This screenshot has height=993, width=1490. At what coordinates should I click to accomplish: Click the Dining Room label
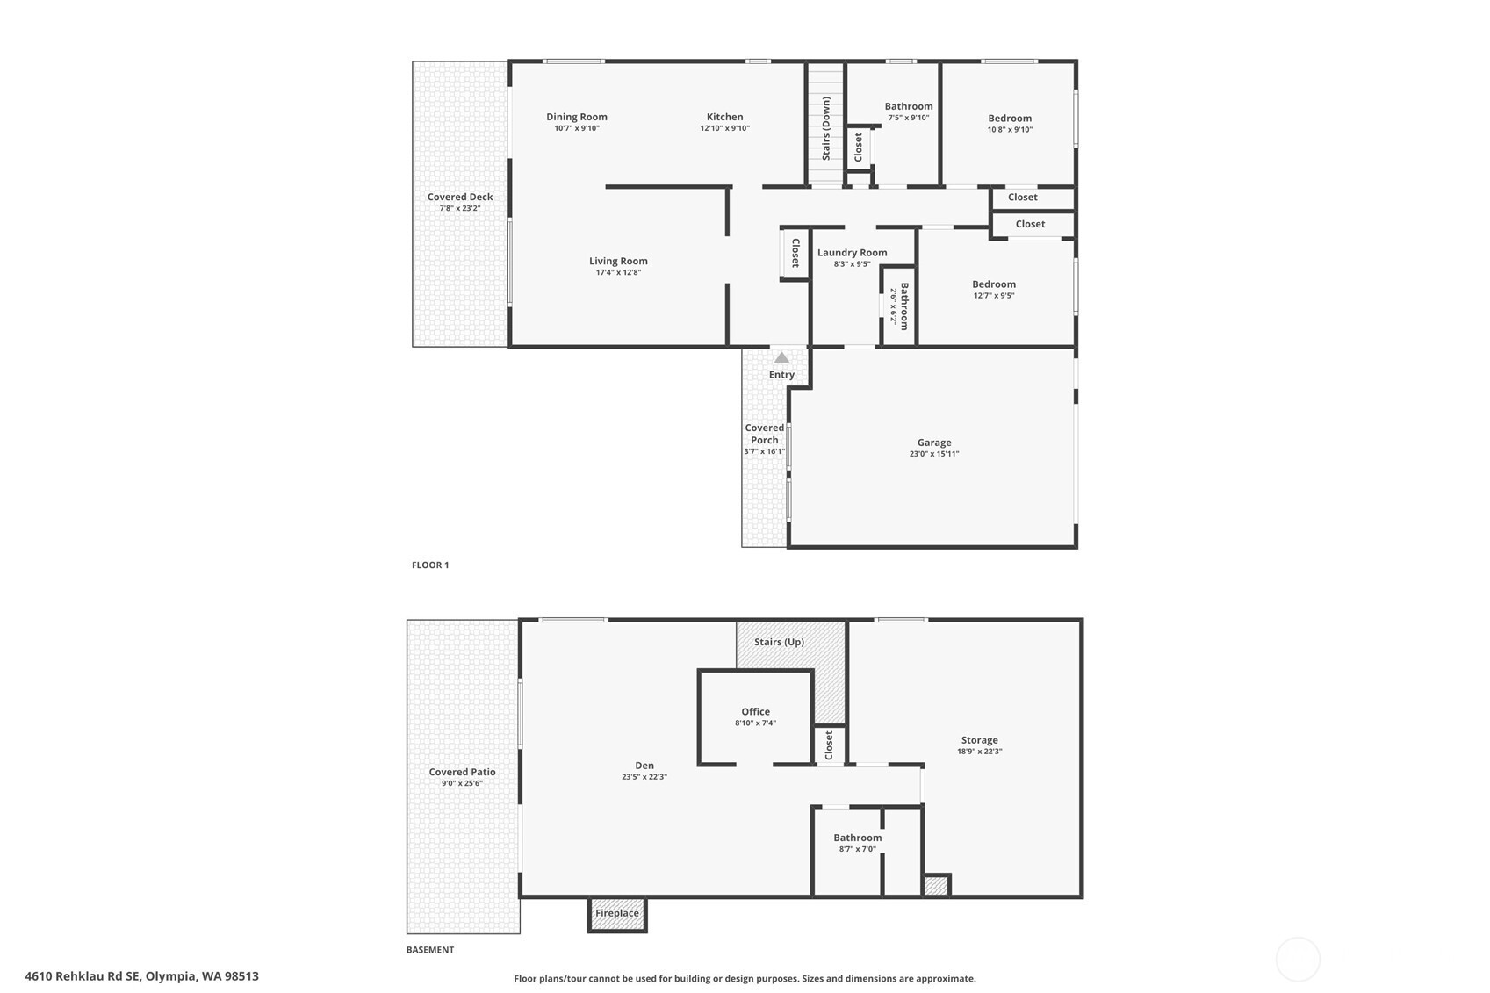[576, 117]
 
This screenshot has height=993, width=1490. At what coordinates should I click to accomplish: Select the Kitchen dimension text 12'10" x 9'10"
[724, 128]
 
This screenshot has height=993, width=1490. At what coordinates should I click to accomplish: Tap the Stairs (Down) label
[826, 128]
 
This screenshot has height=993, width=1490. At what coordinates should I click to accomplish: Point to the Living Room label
[618, 261]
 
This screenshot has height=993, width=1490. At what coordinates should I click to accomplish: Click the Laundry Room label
[852, 253]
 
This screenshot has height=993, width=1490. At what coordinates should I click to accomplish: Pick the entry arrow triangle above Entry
[781, 357]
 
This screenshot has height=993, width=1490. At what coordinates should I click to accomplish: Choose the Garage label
[934, 443]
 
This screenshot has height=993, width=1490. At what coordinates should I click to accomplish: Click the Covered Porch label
[764, 434]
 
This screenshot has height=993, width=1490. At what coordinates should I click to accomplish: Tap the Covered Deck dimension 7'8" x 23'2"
[460, 208]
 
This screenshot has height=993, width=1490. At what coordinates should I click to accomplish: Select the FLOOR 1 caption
[430, 565]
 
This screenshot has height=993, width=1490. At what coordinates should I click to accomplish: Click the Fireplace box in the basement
[617, 913]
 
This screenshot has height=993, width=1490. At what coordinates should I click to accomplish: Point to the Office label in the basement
[755, 712]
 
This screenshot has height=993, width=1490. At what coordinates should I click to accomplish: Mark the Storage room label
[979, 740]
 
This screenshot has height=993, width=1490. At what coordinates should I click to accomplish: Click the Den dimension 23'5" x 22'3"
[644, 777]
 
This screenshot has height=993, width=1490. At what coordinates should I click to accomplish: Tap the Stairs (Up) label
[779, 642]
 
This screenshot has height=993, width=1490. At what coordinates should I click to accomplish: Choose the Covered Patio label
[462, 772]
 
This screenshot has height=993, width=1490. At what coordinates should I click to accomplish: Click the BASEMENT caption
[430, 949]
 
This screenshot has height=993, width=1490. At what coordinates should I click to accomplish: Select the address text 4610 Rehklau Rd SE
[83, 975]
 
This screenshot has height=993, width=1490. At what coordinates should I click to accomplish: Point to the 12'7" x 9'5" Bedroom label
[994, 284]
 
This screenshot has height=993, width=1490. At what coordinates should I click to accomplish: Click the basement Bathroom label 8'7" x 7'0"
[857, 838]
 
